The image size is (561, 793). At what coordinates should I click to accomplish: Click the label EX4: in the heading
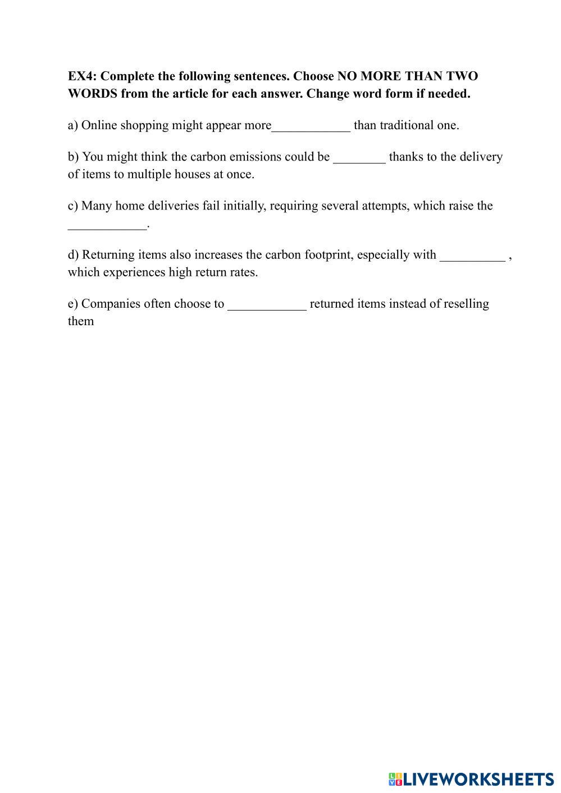click(82, 76)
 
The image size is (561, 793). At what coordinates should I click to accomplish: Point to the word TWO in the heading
click(462, 76)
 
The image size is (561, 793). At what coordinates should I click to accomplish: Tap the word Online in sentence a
click(99, 125)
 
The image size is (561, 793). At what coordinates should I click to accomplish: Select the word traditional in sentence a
click(407, 125)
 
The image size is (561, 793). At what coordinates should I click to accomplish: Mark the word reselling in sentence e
click(466, 303)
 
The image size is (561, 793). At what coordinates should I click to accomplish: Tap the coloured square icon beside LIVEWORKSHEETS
click(395, 779)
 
